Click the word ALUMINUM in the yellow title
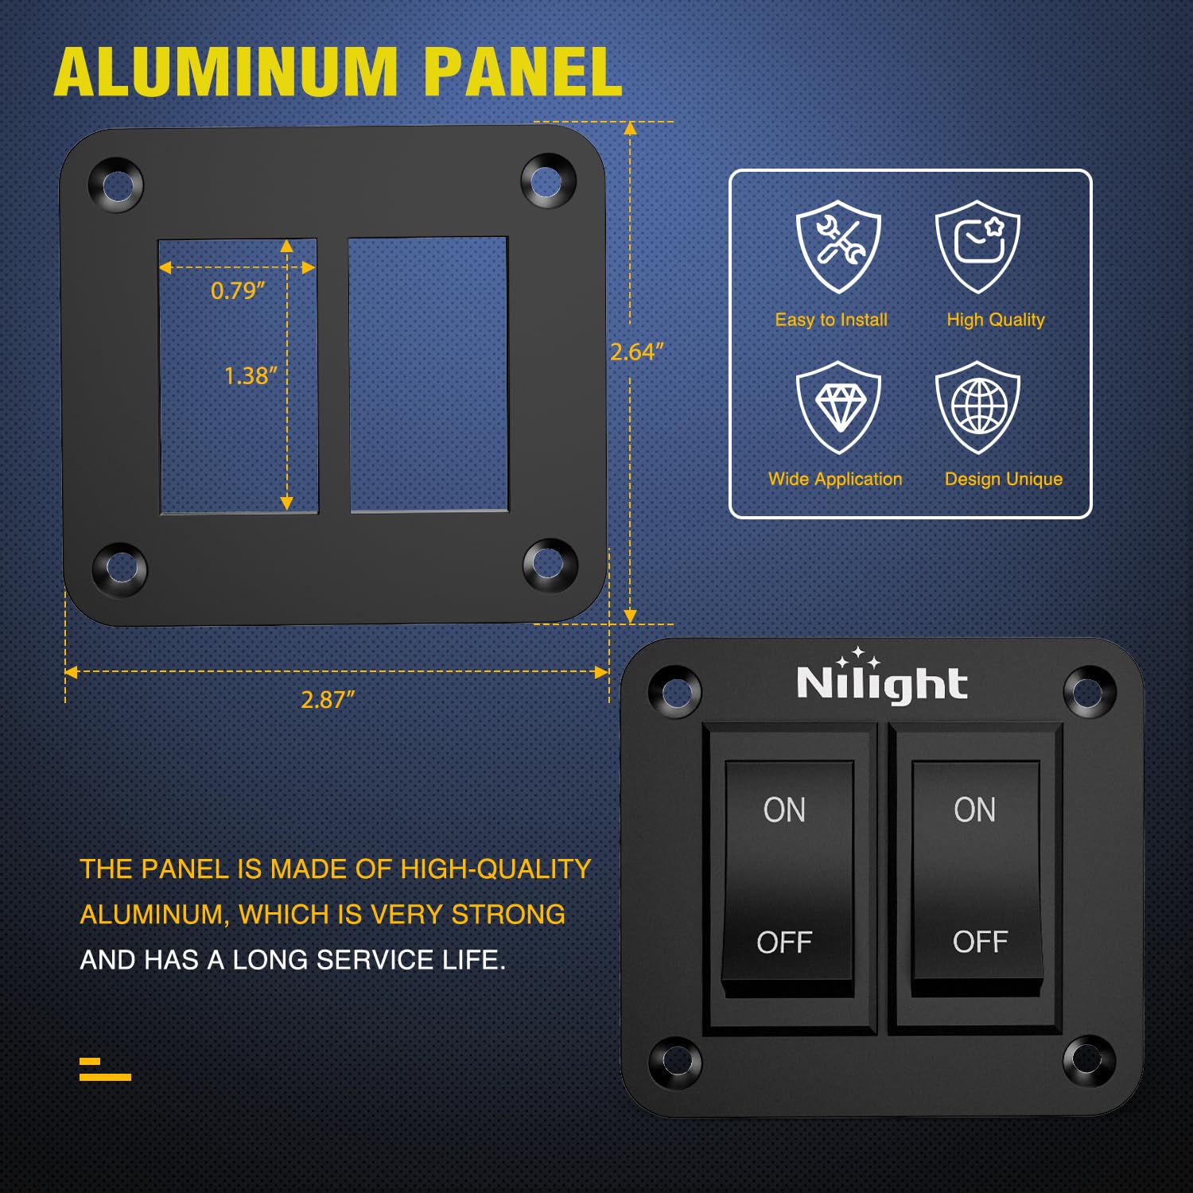[x=226, y=72]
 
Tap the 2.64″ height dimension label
[x=635, y=352]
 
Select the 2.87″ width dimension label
[x=327, y=700]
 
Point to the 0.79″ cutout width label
[x=237, y=291]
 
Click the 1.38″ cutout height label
[x=250, y=375]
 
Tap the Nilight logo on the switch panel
[x=881, y=682]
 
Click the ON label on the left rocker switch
[x=784, y=810]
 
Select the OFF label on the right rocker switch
[x=980, y=942]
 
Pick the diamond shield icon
[x=838, y=406]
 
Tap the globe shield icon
[x=977, y=406]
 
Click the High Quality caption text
[x=995, y=320]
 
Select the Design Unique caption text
[x=1003, y=479]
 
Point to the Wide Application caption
[x=835, y=479]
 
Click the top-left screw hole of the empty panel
[x=117, y=185]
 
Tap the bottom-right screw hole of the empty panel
[x=549, y=564]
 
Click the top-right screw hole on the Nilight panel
[x=1089, y=692]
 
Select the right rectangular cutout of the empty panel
[x=428, y=374]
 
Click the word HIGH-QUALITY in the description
[x=495, y=869]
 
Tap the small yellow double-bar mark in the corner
[x=104, y=1069]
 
